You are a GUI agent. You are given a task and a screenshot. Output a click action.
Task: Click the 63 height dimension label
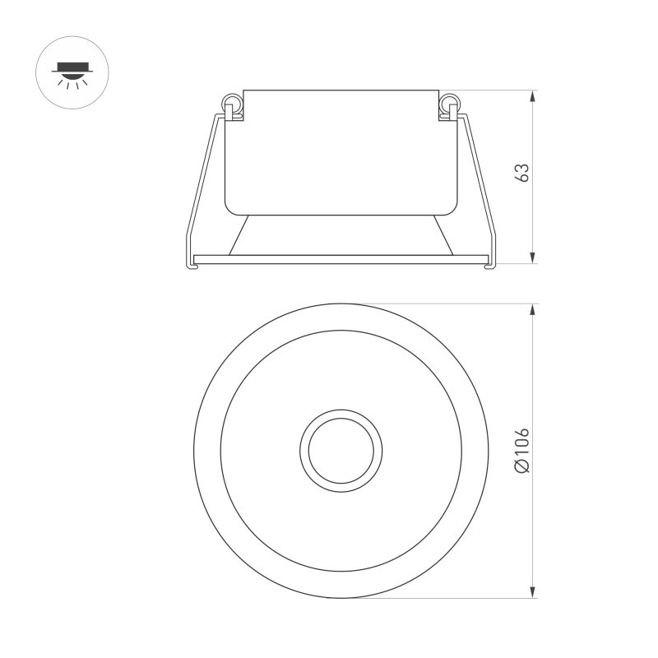[x=521, y=173]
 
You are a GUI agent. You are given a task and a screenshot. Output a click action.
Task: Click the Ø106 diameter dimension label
[x=521, y=450]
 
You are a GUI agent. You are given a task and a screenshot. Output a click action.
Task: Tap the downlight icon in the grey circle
[x=72, y=72]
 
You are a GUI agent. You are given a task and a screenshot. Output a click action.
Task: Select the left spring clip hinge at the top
[x=234, y=104]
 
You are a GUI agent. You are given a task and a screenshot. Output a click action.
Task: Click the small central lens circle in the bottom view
[x=341, y=450]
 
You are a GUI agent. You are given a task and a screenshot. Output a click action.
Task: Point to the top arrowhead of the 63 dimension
[x=533, y=96]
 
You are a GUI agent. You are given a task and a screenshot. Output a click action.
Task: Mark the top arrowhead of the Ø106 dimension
[x=533, y=310]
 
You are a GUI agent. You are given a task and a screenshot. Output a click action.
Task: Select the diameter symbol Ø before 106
[x=521, y=467]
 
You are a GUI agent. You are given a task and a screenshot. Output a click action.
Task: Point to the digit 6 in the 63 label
[x=521, y=178]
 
